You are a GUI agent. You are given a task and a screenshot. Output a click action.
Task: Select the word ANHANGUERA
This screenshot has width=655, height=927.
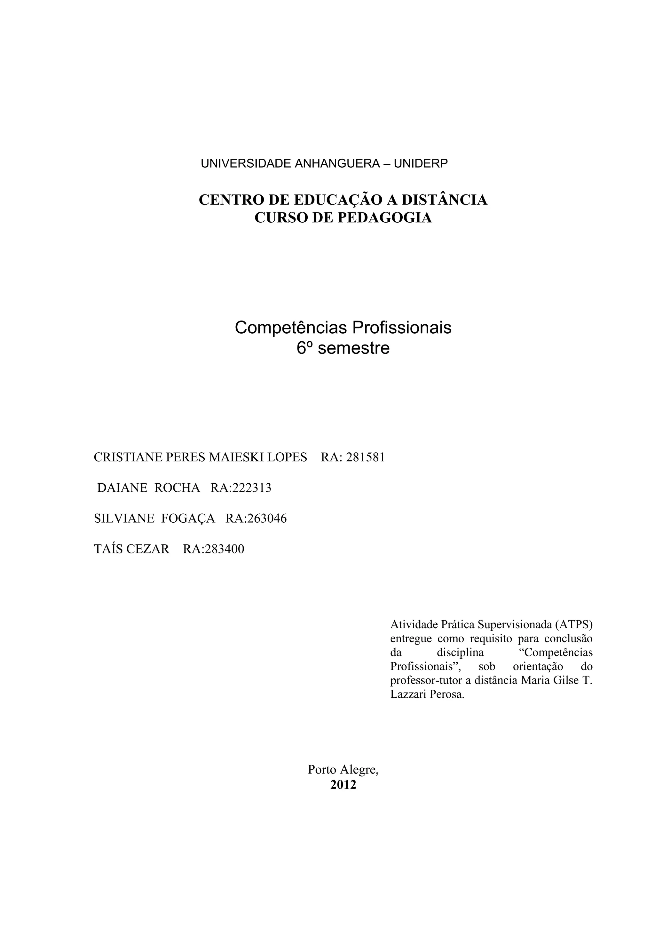coord(337,163)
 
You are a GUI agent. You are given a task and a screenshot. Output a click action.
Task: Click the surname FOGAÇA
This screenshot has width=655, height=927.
coord(188,519)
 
